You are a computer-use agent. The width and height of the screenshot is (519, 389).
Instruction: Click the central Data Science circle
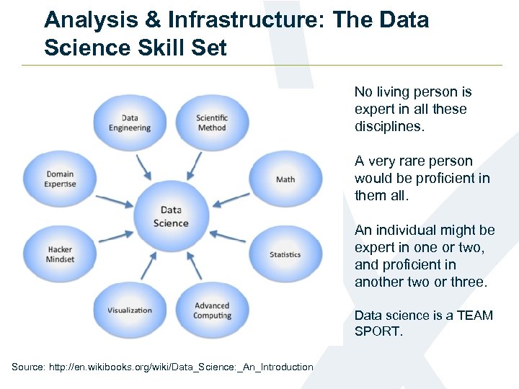tap(171, 217)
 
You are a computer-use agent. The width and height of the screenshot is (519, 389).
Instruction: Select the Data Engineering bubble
tap(130, 123)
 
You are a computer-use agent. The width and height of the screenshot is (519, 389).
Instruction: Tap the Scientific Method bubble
tap(211, 123)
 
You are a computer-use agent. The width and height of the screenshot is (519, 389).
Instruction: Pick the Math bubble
tap(285, 179)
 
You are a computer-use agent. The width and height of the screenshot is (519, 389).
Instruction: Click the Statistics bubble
tap(285, 254)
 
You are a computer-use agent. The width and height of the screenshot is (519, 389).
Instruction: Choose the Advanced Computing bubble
tap(212, 310)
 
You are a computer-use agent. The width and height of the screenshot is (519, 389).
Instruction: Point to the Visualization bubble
tap(130, 310)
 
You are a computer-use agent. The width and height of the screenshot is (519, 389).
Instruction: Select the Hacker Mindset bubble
tap(60, 254)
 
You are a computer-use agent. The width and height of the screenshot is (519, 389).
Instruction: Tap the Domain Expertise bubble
tap(60, 179)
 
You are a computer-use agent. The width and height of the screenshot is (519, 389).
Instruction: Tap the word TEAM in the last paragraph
tap(474, 316)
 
